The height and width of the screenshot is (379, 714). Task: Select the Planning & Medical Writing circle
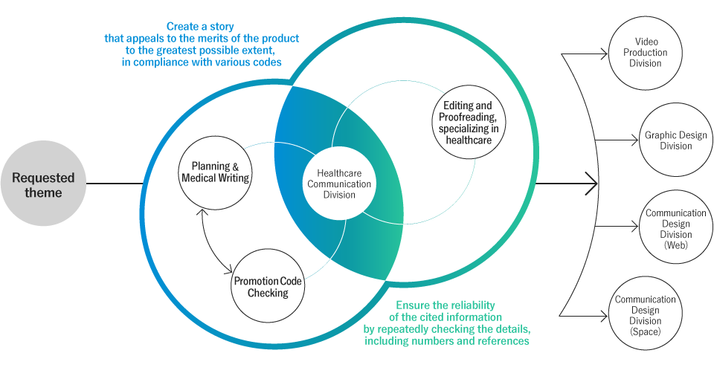click(x=216, y=172)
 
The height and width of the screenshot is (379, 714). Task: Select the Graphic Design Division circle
click(x=675, y=141)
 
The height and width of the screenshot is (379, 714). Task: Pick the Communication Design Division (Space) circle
click(x=645, y=315)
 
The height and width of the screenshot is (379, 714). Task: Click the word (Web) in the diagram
click(x=676, y=244)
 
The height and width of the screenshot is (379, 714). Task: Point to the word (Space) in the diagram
click(x=645, y=331)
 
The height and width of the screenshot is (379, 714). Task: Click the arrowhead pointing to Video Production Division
click(x=604, y=54)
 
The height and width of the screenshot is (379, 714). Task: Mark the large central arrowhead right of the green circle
click(x=593, y=183)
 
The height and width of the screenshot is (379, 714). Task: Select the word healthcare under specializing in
click(x=468, y=140)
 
